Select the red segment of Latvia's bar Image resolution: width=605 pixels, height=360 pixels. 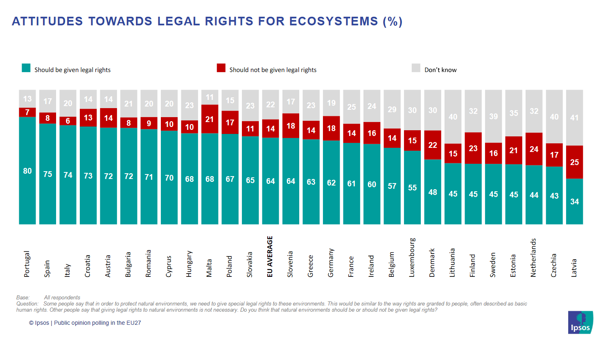point(574,162)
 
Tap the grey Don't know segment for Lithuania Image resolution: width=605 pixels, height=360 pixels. point(453,117)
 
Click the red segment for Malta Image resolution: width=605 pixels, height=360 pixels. point(210,119)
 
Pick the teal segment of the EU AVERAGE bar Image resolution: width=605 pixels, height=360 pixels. point(271,181)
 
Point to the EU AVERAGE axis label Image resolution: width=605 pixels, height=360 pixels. point(270,257)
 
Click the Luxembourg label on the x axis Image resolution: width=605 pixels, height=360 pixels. point(412,258)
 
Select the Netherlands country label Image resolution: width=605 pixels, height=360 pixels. point(533,258)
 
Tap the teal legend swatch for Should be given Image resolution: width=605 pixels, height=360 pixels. point(26,68)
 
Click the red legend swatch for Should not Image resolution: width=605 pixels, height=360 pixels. point(221,68)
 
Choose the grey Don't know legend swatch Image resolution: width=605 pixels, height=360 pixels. point(416,68)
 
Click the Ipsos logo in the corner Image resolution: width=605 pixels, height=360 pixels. point(580,322)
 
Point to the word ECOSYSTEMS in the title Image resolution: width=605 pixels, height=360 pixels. point(334,21)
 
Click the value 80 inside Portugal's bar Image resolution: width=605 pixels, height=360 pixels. point(27,171)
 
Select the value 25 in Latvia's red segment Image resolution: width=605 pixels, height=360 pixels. point(574,162)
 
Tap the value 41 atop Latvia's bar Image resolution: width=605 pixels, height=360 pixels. point(574,118)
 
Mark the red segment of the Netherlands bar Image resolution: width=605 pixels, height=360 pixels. point(534,149)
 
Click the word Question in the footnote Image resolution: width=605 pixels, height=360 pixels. point(27,304)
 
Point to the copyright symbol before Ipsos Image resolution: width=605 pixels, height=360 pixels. point(31,323)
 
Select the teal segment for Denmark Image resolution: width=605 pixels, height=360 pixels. point(433,192)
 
